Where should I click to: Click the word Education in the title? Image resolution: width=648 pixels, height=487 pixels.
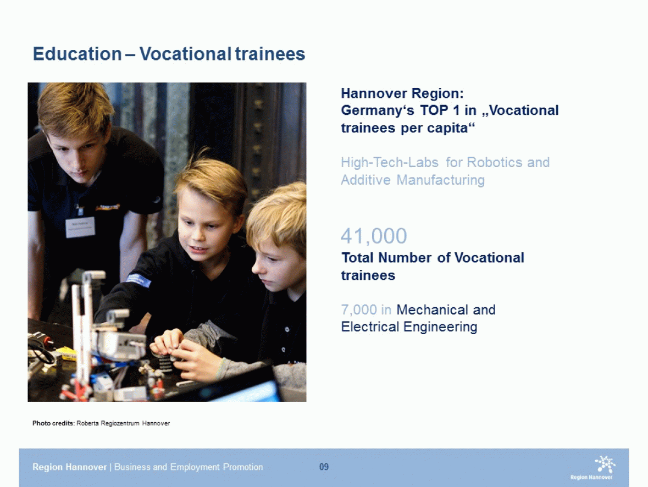tap(77, 54)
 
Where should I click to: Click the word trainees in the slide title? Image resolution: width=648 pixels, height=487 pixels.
tap(270, 54)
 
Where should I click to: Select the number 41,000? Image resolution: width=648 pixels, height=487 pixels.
tap(374, 236)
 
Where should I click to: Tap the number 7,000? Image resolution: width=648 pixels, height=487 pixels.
tap(359, 309)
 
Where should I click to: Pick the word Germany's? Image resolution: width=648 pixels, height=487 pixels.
tap(377, 111)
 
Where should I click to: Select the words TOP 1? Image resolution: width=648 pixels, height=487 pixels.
tap(440, 110)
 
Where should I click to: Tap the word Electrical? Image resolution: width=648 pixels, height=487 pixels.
tap(370, 327)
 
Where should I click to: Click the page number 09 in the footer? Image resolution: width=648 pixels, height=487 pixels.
tap(324, 467)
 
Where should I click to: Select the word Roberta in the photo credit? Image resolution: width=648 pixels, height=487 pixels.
tap(87, 423)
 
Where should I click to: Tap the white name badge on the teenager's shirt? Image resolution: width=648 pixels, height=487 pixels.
tap(80, 227)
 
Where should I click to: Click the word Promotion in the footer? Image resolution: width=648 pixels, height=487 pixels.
tap(243, 467)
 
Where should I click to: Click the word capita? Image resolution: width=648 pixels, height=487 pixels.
tap(451, 128)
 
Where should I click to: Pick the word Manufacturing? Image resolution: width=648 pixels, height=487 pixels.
tap(441, 180)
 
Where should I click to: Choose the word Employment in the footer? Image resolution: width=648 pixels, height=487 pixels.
tap(195, 467)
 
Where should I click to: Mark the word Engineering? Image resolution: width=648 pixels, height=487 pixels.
tap(441, 327)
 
